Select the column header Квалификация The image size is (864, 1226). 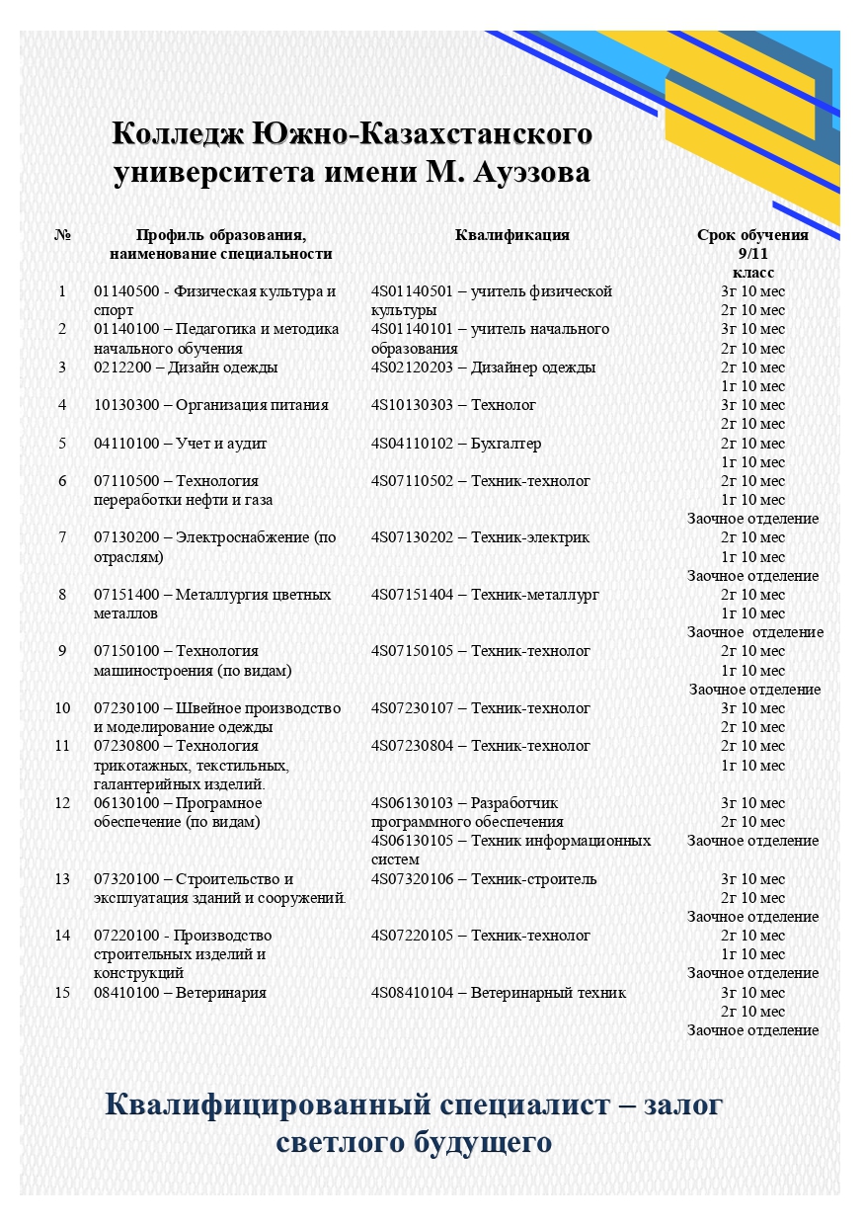(511, 235)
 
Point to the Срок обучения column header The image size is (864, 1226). (752, 235)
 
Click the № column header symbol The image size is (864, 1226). (62, 235)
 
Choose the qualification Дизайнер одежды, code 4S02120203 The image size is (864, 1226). (483, 368)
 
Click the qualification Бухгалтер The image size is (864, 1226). (507, 444)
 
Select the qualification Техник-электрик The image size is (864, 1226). (530, 537)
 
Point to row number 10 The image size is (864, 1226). (62, 708)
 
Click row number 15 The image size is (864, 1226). (62, 993)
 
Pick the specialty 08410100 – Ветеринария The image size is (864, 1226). (180, 993)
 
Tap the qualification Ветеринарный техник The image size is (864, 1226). (548, 993)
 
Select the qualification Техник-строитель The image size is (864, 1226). (534, 879)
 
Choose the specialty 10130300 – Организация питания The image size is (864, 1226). (210, 405)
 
